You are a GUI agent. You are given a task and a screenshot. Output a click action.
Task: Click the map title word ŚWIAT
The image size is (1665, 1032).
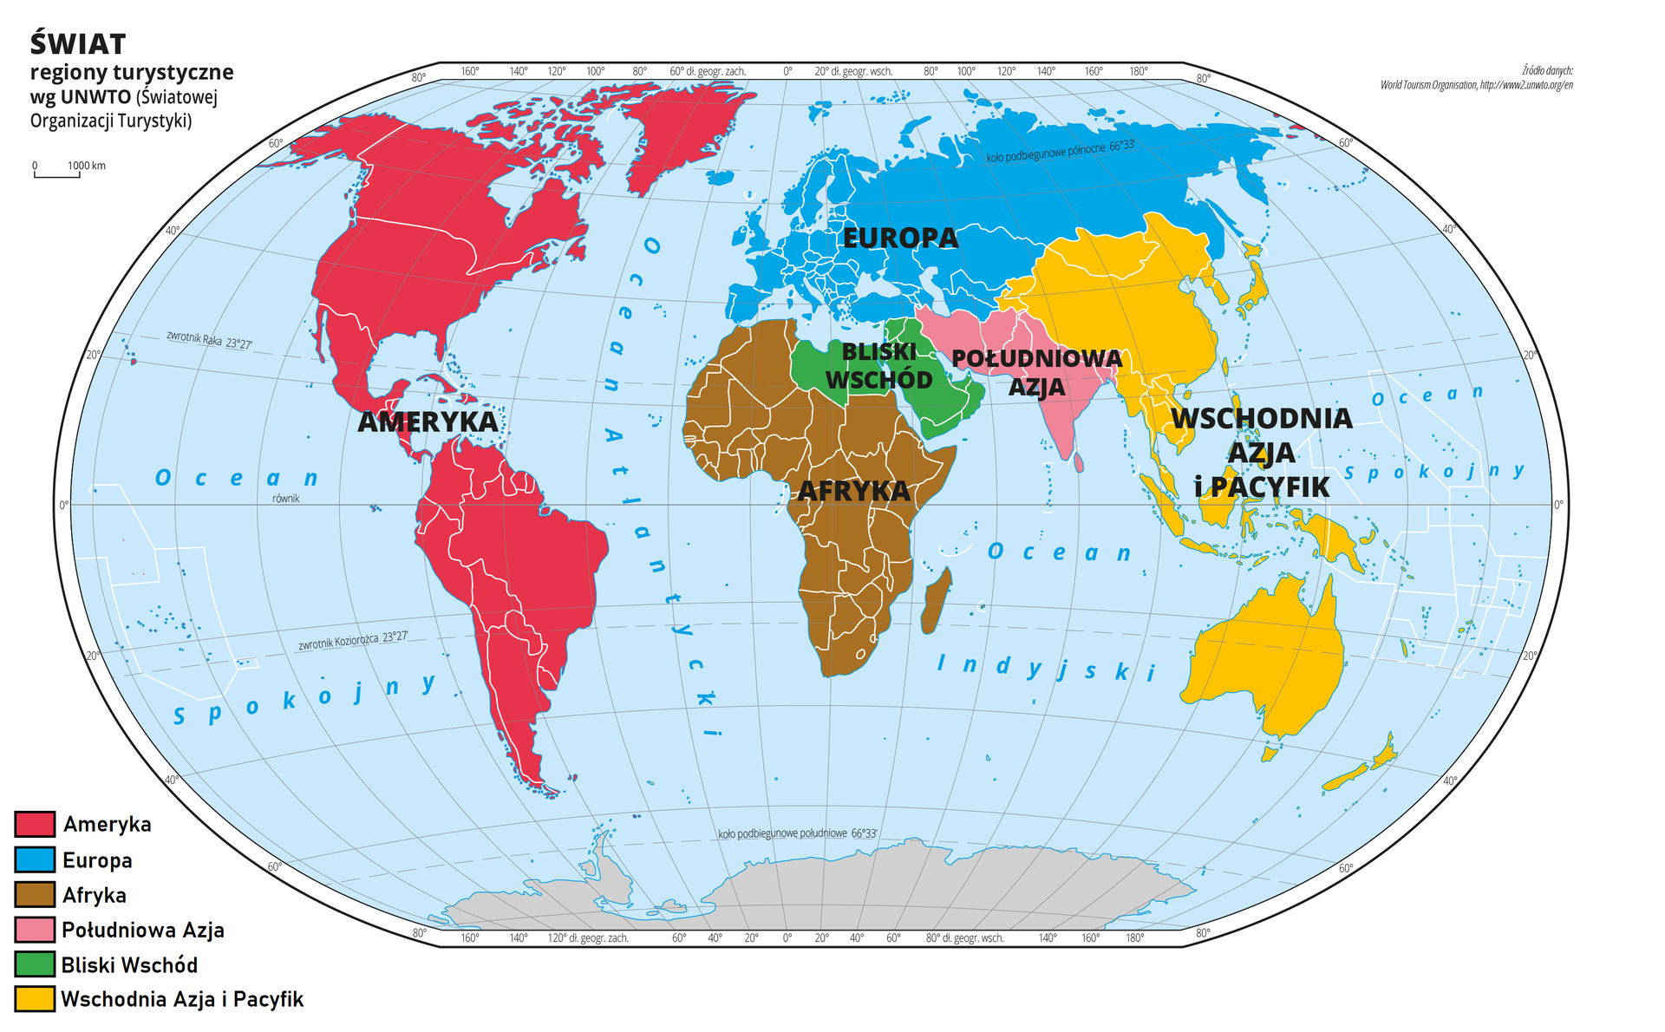click(x=78, y=44)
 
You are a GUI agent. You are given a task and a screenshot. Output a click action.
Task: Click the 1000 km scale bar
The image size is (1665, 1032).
click(x=57, y=175)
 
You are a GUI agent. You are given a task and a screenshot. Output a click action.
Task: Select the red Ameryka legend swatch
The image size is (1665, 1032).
click(x=35, y=824)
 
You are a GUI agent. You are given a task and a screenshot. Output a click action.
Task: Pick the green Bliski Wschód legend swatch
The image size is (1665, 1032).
click(x=35, y=964)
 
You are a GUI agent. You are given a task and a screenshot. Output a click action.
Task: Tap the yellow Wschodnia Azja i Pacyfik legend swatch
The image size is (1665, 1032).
click(x=35, y=999)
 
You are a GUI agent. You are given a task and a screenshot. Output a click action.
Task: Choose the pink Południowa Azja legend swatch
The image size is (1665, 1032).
click(x=35, y=930)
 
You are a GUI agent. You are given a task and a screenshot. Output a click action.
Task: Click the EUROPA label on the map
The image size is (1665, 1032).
click(x=900, y=238)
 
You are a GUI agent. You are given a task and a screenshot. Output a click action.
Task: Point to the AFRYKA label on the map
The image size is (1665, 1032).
click(x=853, y=492)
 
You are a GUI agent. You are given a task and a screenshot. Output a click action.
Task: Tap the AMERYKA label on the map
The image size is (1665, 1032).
click(x=428, y=422)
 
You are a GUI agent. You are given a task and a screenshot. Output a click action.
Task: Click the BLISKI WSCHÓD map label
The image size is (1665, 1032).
click(x=878, y=366)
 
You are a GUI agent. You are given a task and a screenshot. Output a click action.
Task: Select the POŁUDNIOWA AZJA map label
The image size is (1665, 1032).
click(x=1036, y=372)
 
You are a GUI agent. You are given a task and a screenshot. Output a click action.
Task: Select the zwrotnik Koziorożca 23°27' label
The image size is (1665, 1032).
click(x=353, y=641)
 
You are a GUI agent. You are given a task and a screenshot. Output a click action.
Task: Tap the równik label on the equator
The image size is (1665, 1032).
click(x=285, y=499)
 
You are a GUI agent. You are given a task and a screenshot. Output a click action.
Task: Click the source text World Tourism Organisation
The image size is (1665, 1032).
click(x=1476, y=85)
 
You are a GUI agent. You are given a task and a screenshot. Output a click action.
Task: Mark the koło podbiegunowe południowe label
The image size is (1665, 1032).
click(x=797, y=833)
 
